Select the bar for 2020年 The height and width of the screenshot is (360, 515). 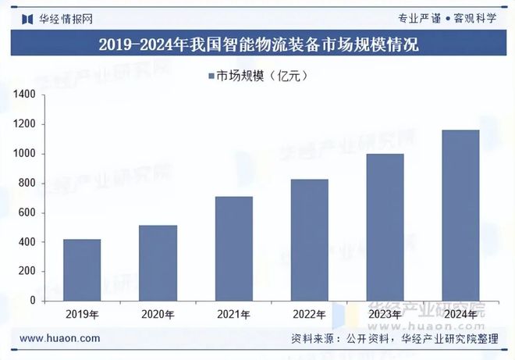(158, 262)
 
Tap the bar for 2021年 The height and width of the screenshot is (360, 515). (234, 248)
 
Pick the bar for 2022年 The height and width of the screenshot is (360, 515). (310, 240)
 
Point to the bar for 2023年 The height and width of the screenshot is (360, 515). (385, 227)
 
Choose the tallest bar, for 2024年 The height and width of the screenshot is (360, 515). (461, 215)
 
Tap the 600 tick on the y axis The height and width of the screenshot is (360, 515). (29, 212)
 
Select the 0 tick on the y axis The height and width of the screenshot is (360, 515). (34, 301)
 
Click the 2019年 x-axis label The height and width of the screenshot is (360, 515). (82, 315)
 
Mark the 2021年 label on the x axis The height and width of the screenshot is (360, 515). (234, 315)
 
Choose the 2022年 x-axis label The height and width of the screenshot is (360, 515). (310, 315)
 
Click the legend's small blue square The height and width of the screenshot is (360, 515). (211, 76)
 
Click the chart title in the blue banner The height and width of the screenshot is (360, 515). (257, 45)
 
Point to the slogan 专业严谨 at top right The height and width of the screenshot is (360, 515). (419, 16)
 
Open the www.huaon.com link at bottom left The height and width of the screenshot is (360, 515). (59, 338)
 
